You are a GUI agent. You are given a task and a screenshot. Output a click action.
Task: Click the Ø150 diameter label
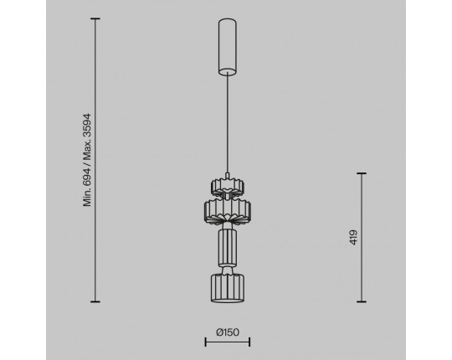click(x=228, y=332)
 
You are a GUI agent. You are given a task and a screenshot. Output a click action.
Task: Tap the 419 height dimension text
click(x=353, y=238)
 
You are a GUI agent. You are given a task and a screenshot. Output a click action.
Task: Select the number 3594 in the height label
click(x=87, y=125)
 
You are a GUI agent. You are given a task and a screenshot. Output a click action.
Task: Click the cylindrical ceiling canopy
click(x=228, y=47)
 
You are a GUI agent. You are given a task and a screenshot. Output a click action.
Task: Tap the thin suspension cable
click(x=228, y=124)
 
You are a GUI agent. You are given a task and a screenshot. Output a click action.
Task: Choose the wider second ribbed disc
click(x=228, y=210)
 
